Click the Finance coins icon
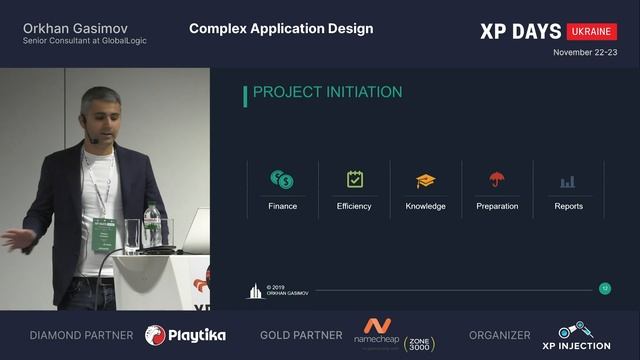[x=282, y=180]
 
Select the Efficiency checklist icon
[x=354, y=180]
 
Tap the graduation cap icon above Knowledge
[x=426, y=181]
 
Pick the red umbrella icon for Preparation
[x=497, y=180]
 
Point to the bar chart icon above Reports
[x=568, y=181]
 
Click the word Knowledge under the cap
[x=426, y=206]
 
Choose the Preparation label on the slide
[x=497, y=206]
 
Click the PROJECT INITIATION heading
[x=327, y=93]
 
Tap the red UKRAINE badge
[x=592, y=31]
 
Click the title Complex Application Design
[x=281, y=28]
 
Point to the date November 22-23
[x=585, y=52]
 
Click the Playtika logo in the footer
[x=186, y=335]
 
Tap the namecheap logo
[x=376, y=332]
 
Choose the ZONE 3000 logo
[x=420, y=340]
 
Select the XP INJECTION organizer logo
[x=583, y=336]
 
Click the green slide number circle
[x=604, y=288]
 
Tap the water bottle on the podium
[x=151, y=228]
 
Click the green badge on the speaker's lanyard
[x=104, y=232]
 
